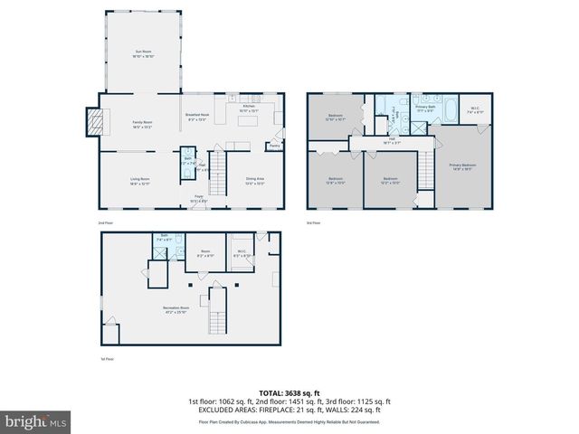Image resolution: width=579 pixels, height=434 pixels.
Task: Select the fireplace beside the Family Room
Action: pos(93,120)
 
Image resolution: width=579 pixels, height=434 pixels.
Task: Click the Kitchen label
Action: pos(245,106)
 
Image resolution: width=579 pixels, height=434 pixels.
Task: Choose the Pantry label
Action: pos(274,144)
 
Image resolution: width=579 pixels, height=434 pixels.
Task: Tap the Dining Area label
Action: pos(254,180)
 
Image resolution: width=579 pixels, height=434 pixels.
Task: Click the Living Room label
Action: pos(139,180)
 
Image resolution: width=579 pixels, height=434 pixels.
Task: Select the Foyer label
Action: pos(196,199)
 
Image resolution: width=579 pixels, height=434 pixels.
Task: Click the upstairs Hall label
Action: pos(392,141)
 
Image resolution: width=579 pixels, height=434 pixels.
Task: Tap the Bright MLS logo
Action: pos(35,421)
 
